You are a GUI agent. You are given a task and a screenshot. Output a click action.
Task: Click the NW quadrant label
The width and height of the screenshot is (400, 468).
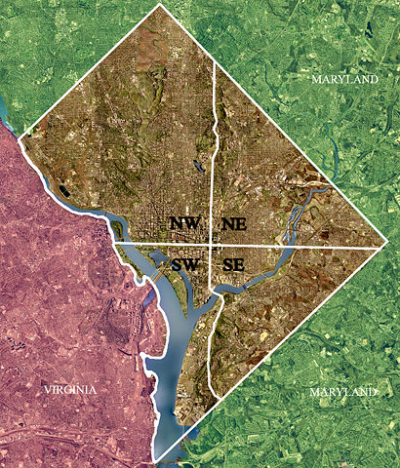(x=184, y=223)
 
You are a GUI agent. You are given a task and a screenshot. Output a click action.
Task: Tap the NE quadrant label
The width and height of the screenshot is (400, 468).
(x=234, y=223)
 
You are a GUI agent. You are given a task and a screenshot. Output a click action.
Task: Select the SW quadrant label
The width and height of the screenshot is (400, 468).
(x=184, y=264)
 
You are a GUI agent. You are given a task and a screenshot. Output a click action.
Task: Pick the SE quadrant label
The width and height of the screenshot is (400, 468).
(x=234, y=264)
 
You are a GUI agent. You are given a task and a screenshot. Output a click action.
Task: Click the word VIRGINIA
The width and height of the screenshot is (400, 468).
(x=69, y=389)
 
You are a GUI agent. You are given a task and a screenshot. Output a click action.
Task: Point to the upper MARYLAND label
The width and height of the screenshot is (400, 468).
(x=344, y=78)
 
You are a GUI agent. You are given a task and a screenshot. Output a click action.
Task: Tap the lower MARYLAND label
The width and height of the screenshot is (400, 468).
(x=342, y=392)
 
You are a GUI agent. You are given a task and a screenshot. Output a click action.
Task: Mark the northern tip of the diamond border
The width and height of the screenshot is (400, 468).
(x=160, y=4)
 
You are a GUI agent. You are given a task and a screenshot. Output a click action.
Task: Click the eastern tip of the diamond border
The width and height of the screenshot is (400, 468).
(x=388, y=247)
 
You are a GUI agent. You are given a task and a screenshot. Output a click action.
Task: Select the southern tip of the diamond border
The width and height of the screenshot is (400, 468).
(x=155, y=460)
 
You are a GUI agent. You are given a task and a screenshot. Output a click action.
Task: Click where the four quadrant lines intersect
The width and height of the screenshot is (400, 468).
(x=212, y=244)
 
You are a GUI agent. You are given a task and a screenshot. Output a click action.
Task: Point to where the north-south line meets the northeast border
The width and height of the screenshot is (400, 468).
(x=214, y=59)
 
